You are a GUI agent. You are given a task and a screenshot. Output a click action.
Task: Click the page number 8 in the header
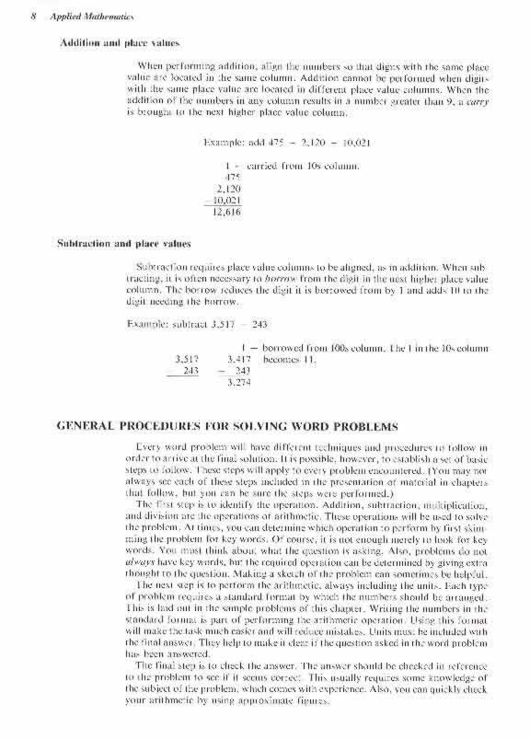coord(20,16)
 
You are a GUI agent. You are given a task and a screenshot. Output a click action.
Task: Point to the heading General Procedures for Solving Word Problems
coord(228,427)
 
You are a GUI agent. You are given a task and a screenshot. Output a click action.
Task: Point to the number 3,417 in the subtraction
coord(238,358)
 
